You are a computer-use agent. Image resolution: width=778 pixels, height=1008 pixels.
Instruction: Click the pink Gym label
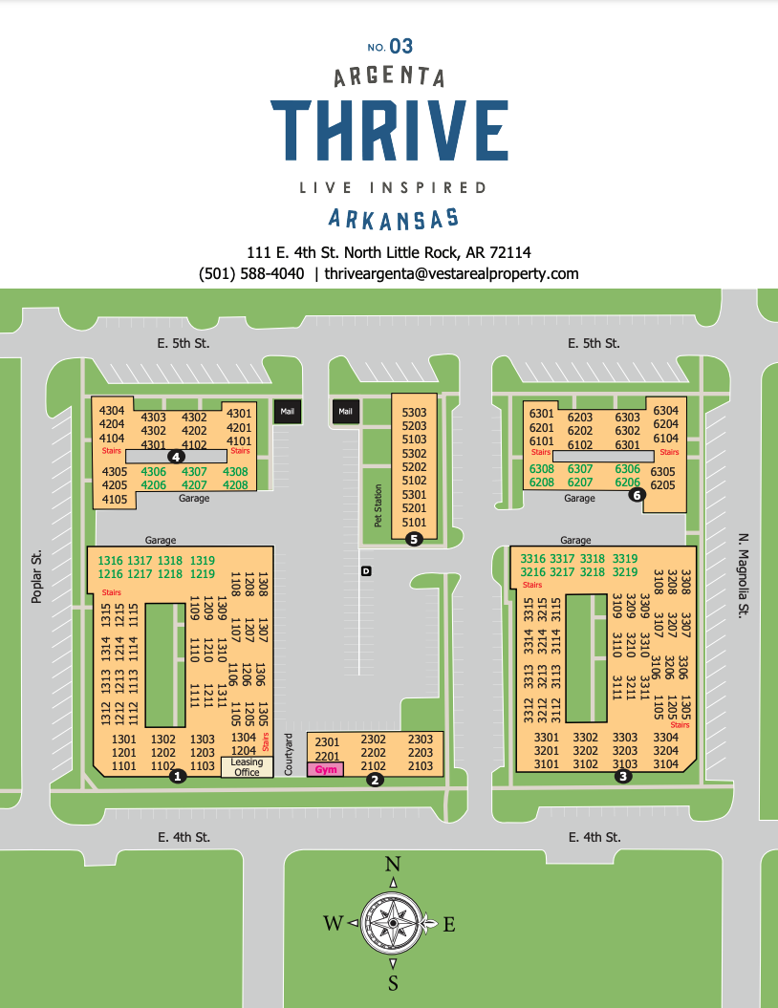[327, 769]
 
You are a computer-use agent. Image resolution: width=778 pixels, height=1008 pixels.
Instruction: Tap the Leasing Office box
[247, 766]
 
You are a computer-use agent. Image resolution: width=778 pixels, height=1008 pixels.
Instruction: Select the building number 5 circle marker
[414, 539]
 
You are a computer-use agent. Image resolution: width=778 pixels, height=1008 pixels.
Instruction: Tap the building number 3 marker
[623, 777]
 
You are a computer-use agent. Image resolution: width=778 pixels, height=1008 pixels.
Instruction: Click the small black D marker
[366, 571]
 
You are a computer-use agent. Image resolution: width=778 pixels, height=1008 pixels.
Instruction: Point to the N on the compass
[392, 865]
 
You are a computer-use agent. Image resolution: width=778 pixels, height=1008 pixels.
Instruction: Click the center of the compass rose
[392, 922]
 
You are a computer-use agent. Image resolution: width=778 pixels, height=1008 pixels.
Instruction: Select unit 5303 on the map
[415, 412]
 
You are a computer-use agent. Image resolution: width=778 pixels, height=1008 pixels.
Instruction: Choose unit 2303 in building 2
[420, 740]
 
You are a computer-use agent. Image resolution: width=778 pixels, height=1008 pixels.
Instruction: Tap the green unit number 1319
[203, 560]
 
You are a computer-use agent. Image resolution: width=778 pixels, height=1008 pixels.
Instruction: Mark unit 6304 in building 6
[665, 411]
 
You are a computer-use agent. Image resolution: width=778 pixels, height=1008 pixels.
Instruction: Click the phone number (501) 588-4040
[251, 273]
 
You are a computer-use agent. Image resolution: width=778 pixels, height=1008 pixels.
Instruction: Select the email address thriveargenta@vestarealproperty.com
[451, 273]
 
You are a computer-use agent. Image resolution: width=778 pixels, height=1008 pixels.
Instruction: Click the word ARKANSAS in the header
[393, 218]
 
